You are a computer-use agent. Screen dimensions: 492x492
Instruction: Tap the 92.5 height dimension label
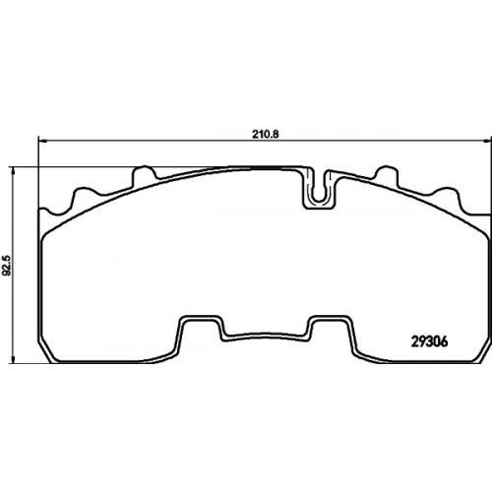(x=8, y=265)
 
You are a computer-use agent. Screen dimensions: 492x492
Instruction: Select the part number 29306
(x=429, y=342)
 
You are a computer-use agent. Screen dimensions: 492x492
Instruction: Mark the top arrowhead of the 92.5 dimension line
(x=13, y=172)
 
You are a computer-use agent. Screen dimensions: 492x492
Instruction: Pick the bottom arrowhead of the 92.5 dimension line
(x=13, y=359)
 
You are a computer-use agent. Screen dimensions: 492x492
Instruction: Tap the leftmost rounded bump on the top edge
(x=85, y=196)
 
